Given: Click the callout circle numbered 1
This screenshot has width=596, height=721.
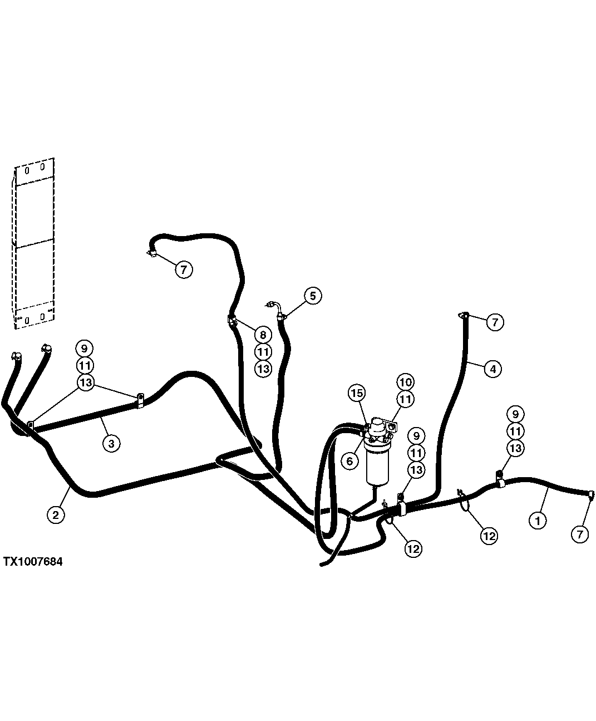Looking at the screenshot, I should tap(537, 521).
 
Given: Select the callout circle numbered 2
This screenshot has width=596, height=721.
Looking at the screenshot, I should tap(56, 514).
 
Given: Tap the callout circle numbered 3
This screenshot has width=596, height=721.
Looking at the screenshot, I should tap(111, 443).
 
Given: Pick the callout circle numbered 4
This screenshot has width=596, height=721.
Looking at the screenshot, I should tap(492, 368).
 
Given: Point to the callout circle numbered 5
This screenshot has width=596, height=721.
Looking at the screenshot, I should tap(313, 296).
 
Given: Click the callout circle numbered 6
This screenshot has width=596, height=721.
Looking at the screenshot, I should tap(349, 461).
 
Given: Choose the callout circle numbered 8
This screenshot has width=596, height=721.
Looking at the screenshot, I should tap(263, 335).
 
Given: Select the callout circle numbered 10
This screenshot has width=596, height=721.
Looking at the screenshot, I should tap(406, 382).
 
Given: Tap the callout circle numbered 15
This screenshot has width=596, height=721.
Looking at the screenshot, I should tap(357, 393).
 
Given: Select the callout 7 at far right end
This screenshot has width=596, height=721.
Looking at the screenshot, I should tap(579, 534).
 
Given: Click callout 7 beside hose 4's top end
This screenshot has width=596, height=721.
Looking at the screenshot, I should tap(495, 322).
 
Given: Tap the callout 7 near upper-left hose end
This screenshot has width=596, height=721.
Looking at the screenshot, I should tap(184, 270).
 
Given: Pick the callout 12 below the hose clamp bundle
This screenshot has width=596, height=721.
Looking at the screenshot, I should tap(413, 548).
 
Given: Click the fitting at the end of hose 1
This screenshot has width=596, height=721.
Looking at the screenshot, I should tap(589, 493).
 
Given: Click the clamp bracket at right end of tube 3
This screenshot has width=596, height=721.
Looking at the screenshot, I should tap(139, 400).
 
